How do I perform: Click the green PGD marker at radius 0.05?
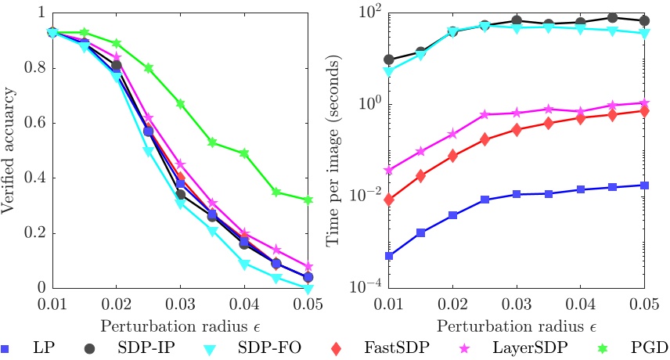coord(308,200)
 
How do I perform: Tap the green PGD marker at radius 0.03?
coord(180,103)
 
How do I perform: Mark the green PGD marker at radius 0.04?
coord(244,153)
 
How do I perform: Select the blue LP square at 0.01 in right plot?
coord(389,255)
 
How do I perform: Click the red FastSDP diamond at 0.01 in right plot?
coord(389,200)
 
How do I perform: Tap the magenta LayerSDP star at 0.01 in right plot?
coord(389,170)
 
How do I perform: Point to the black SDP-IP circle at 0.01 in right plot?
coord(389,59)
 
